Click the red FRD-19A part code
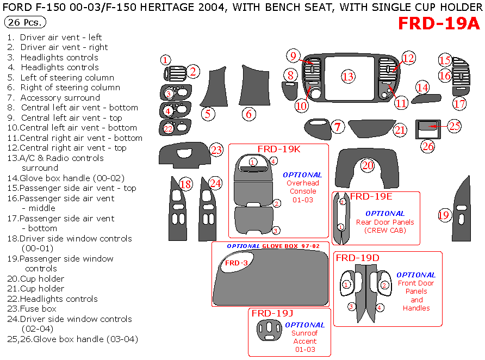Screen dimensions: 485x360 coord(439,23)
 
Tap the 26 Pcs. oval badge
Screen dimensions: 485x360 coord(25,22)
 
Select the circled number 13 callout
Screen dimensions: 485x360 coord(348,76)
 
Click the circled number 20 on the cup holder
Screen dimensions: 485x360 coord(368,165)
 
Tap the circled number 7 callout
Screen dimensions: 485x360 coord(338,127)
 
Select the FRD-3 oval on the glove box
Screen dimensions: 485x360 coord(237,263)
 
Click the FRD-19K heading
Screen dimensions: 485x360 coord(279,149)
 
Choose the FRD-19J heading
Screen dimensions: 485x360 coord(272,313)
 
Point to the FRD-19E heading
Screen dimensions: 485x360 coord(371,196)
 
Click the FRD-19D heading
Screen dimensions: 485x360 coord(358,258)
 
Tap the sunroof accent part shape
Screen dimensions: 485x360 coord(269,330)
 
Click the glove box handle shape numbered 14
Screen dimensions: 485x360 coord(426,98)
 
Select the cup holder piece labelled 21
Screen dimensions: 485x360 coord(371,128)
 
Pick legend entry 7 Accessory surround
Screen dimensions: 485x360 coord(53,98)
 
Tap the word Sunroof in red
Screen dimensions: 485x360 coord(304,333)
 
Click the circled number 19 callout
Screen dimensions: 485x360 coord(444,215)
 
